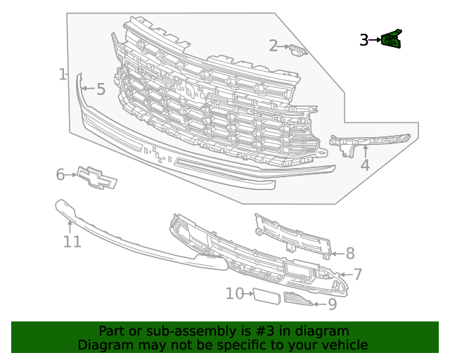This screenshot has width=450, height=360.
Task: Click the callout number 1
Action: (63, 74)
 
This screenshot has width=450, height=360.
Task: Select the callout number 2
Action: (274, 46)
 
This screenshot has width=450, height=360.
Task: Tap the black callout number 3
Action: (364, 40)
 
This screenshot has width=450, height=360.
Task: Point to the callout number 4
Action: (365, 166)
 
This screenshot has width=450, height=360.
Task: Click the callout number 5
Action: (101, 89)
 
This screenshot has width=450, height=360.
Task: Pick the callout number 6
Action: (60, 174)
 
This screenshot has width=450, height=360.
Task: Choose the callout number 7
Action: (357, 274)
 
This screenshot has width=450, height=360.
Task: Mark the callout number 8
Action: (349, 253)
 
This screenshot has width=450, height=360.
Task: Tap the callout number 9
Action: (332, 304)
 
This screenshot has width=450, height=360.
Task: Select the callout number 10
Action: (234, 293)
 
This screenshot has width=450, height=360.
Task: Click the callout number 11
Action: (72, 242)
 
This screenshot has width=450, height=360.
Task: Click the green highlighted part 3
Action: (392, 39)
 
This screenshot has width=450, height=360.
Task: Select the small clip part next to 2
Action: (298, 49)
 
